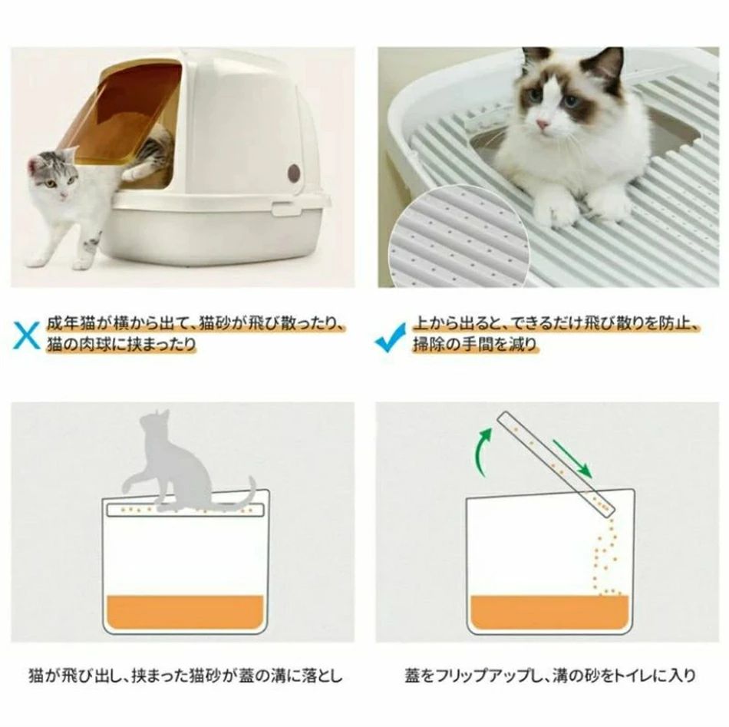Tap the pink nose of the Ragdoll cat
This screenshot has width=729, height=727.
(x=542, y=124)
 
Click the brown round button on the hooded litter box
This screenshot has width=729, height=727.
(x=294, y=172)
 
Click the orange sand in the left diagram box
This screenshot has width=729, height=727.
(x=185, y=611)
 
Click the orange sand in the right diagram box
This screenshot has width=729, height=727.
(x=549, y=611)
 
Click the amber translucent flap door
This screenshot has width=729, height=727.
(x=126, y=114)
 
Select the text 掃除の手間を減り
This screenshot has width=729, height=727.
(x=475, y=344)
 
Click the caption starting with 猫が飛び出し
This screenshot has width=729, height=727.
(x=185, y=675)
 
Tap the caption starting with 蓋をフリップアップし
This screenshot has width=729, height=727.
(x=550, y=675)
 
